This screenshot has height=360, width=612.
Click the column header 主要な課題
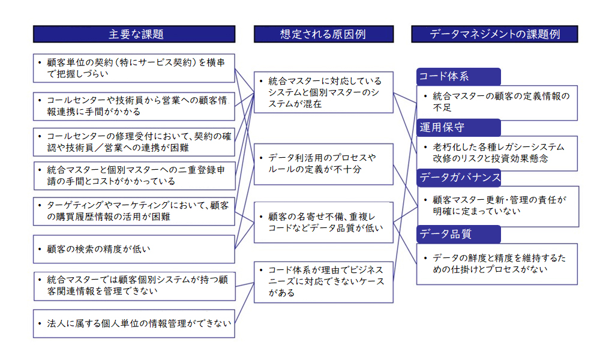[134, 34]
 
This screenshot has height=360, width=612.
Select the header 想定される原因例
[323, 34]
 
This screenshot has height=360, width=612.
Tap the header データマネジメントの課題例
[494, 34]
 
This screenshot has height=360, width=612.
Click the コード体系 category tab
[458, 77]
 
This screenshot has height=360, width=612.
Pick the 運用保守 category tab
[458, 127]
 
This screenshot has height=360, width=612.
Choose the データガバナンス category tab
[458, 178]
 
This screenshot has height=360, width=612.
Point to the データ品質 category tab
[458, 234]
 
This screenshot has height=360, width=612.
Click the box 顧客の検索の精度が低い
[134, 249]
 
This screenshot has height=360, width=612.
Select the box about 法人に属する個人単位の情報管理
[134, 323]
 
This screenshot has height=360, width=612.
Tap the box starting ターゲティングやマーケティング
[134, 211]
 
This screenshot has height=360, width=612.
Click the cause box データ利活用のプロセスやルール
[323, 164]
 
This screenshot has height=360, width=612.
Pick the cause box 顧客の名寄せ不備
[323, 222]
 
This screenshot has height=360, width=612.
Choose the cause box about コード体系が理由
[323, 282]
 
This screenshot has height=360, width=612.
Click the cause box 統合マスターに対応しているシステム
[323, 92]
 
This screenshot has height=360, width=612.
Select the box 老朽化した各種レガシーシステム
[497, 153]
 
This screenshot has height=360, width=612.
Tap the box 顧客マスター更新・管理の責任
[497, 206]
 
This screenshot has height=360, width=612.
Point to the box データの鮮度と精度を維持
[497, 264]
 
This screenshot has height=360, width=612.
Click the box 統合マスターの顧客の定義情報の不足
[497, 103]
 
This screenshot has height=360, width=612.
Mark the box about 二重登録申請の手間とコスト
[134, 176]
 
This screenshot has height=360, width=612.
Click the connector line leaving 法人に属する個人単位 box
[244, 303]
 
